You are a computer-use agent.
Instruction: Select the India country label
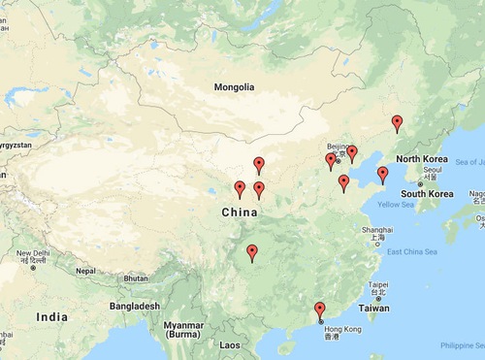(x=51, y=317)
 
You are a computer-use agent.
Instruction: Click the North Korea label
(x=421, y=158)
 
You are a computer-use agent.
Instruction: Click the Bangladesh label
(x=133, y=306)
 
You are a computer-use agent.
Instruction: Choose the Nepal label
(x=86, y=271)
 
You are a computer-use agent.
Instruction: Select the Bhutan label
(x=136, y=278)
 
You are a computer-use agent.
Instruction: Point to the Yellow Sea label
(x=395, y=205)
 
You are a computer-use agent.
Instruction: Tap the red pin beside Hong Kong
(x=320, y=311)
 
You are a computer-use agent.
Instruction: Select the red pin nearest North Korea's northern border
(x=397, y=122)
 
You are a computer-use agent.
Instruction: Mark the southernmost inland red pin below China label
(x=252, y=253)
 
